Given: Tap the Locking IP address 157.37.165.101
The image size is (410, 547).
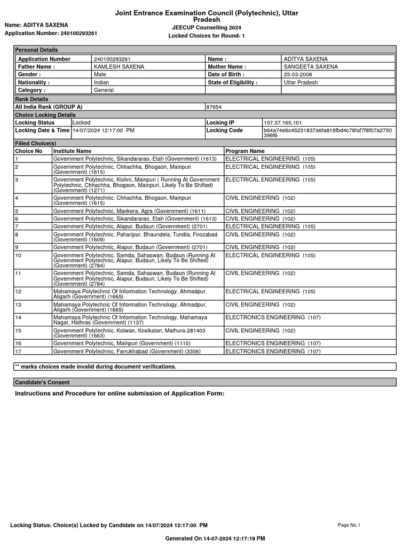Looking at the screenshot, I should [282, 123].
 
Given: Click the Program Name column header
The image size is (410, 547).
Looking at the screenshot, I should [245, 151].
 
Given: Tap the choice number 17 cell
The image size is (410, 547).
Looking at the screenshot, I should [18, 351].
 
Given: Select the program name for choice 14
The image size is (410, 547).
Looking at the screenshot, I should [273, 317].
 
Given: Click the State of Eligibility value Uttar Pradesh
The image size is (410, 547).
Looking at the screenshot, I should [301, 83].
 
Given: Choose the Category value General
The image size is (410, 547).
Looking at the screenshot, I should [104, 91].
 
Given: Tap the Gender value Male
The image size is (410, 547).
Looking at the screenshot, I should [100, 75].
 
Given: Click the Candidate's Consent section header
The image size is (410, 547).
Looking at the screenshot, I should [42, 382].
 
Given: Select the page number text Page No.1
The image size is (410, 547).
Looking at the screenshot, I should [349, 525].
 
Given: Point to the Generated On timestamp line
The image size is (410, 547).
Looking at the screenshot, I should [215, 538].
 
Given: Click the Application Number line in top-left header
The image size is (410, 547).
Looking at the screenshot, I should [51, 33].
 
